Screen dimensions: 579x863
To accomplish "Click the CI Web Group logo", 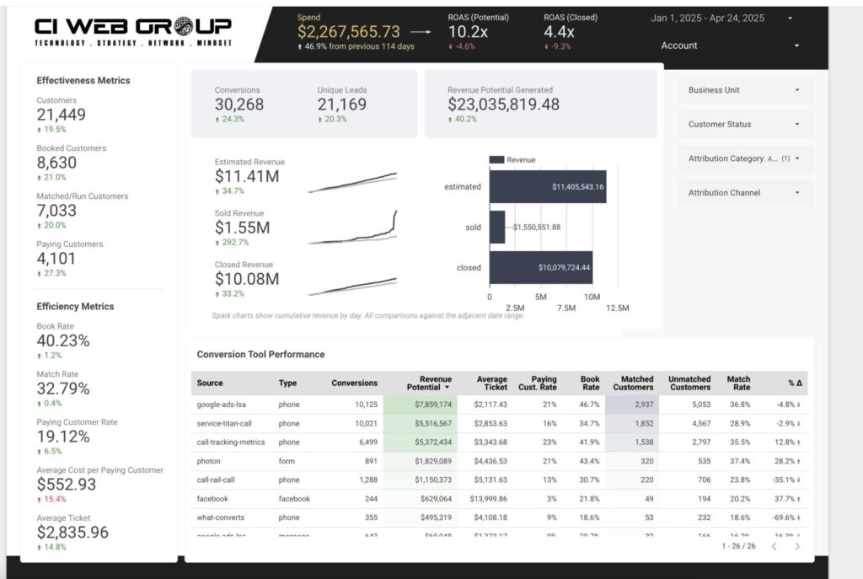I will click(133, 32).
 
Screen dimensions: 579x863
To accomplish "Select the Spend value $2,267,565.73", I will click(348, 31).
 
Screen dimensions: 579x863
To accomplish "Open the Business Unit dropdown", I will click(745, 90).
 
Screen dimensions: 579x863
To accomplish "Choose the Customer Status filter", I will click(745, 125).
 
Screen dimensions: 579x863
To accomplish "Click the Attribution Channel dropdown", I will click(745, 193).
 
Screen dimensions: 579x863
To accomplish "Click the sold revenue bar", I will click(497, 227).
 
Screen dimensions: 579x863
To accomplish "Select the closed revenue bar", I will click(540, 268).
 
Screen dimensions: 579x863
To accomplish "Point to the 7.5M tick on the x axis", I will click(566, 308).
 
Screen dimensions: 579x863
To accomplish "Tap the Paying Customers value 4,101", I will click(56, 259).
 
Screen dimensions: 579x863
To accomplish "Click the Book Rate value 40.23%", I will click(63, 340).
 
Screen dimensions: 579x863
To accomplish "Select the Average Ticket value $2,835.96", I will click(72, 533).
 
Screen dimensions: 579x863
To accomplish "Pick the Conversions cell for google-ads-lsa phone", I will click(361, 405).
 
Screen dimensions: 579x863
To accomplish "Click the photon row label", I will click(210, 461).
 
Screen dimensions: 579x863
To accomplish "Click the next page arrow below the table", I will click(797, 546).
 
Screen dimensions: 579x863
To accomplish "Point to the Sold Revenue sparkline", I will click(352, 229).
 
